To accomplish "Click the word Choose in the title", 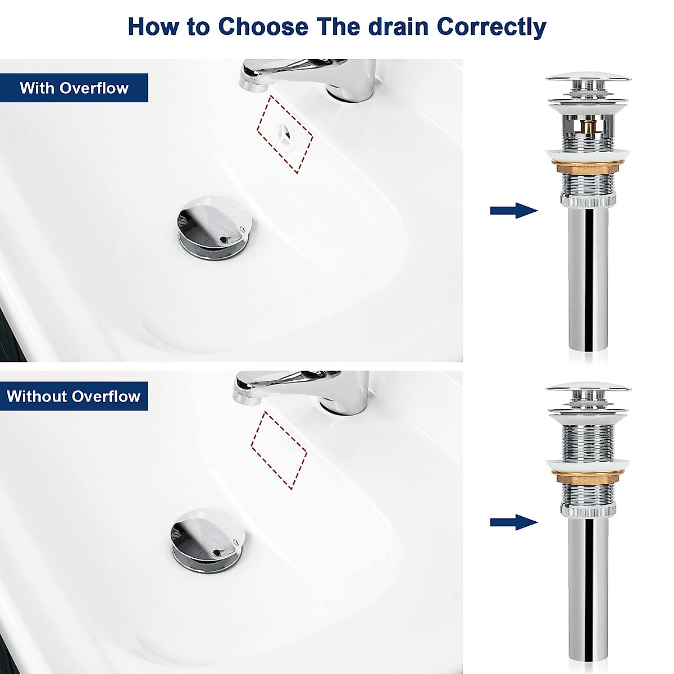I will (263, 26).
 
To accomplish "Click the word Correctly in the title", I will (491, 28).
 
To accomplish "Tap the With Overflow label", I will (74, 88).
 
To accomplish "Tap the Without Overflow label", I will (74, 397).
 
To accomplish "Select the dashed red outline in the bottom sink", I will (279, 450).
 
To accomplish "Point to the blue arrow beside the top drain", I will (513, 211).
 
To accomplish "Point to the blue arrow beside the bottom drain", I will (513, 523).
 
